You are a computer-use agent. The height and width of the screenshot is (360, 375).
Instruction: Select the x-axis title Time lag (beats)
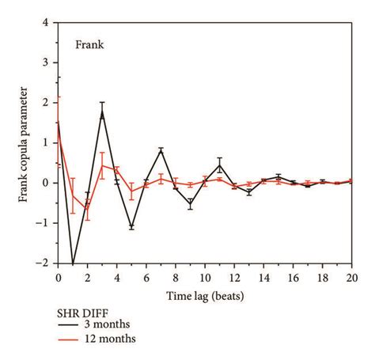[x=204, y=297]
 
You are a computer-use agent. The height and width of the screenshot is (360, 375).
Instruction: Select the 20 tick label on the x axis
[x=351, y=279]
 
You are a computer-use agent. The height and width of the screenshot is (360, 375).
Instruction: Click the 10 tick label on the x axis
[x=205, y=279]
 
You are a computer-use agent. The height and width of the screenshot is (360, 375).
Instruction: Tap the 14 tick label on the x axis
[x=263, y=279]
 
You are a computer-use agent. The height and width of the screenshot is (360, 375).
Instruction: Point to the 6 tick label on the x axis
[x=146, y=279]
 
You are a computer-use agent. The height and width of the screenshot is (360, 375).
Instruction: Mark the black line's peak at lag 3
[x=102, y=112]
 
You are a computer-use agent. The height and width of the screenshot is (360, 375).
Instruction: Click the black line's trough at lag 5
[x=131, y=227]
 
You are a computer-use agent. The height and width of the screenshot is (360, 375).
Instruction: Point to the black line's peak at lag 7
[x=161, y=149]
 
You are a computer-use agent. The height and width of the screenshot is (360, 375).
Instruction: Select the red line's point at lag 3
[x=102, y=165]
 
